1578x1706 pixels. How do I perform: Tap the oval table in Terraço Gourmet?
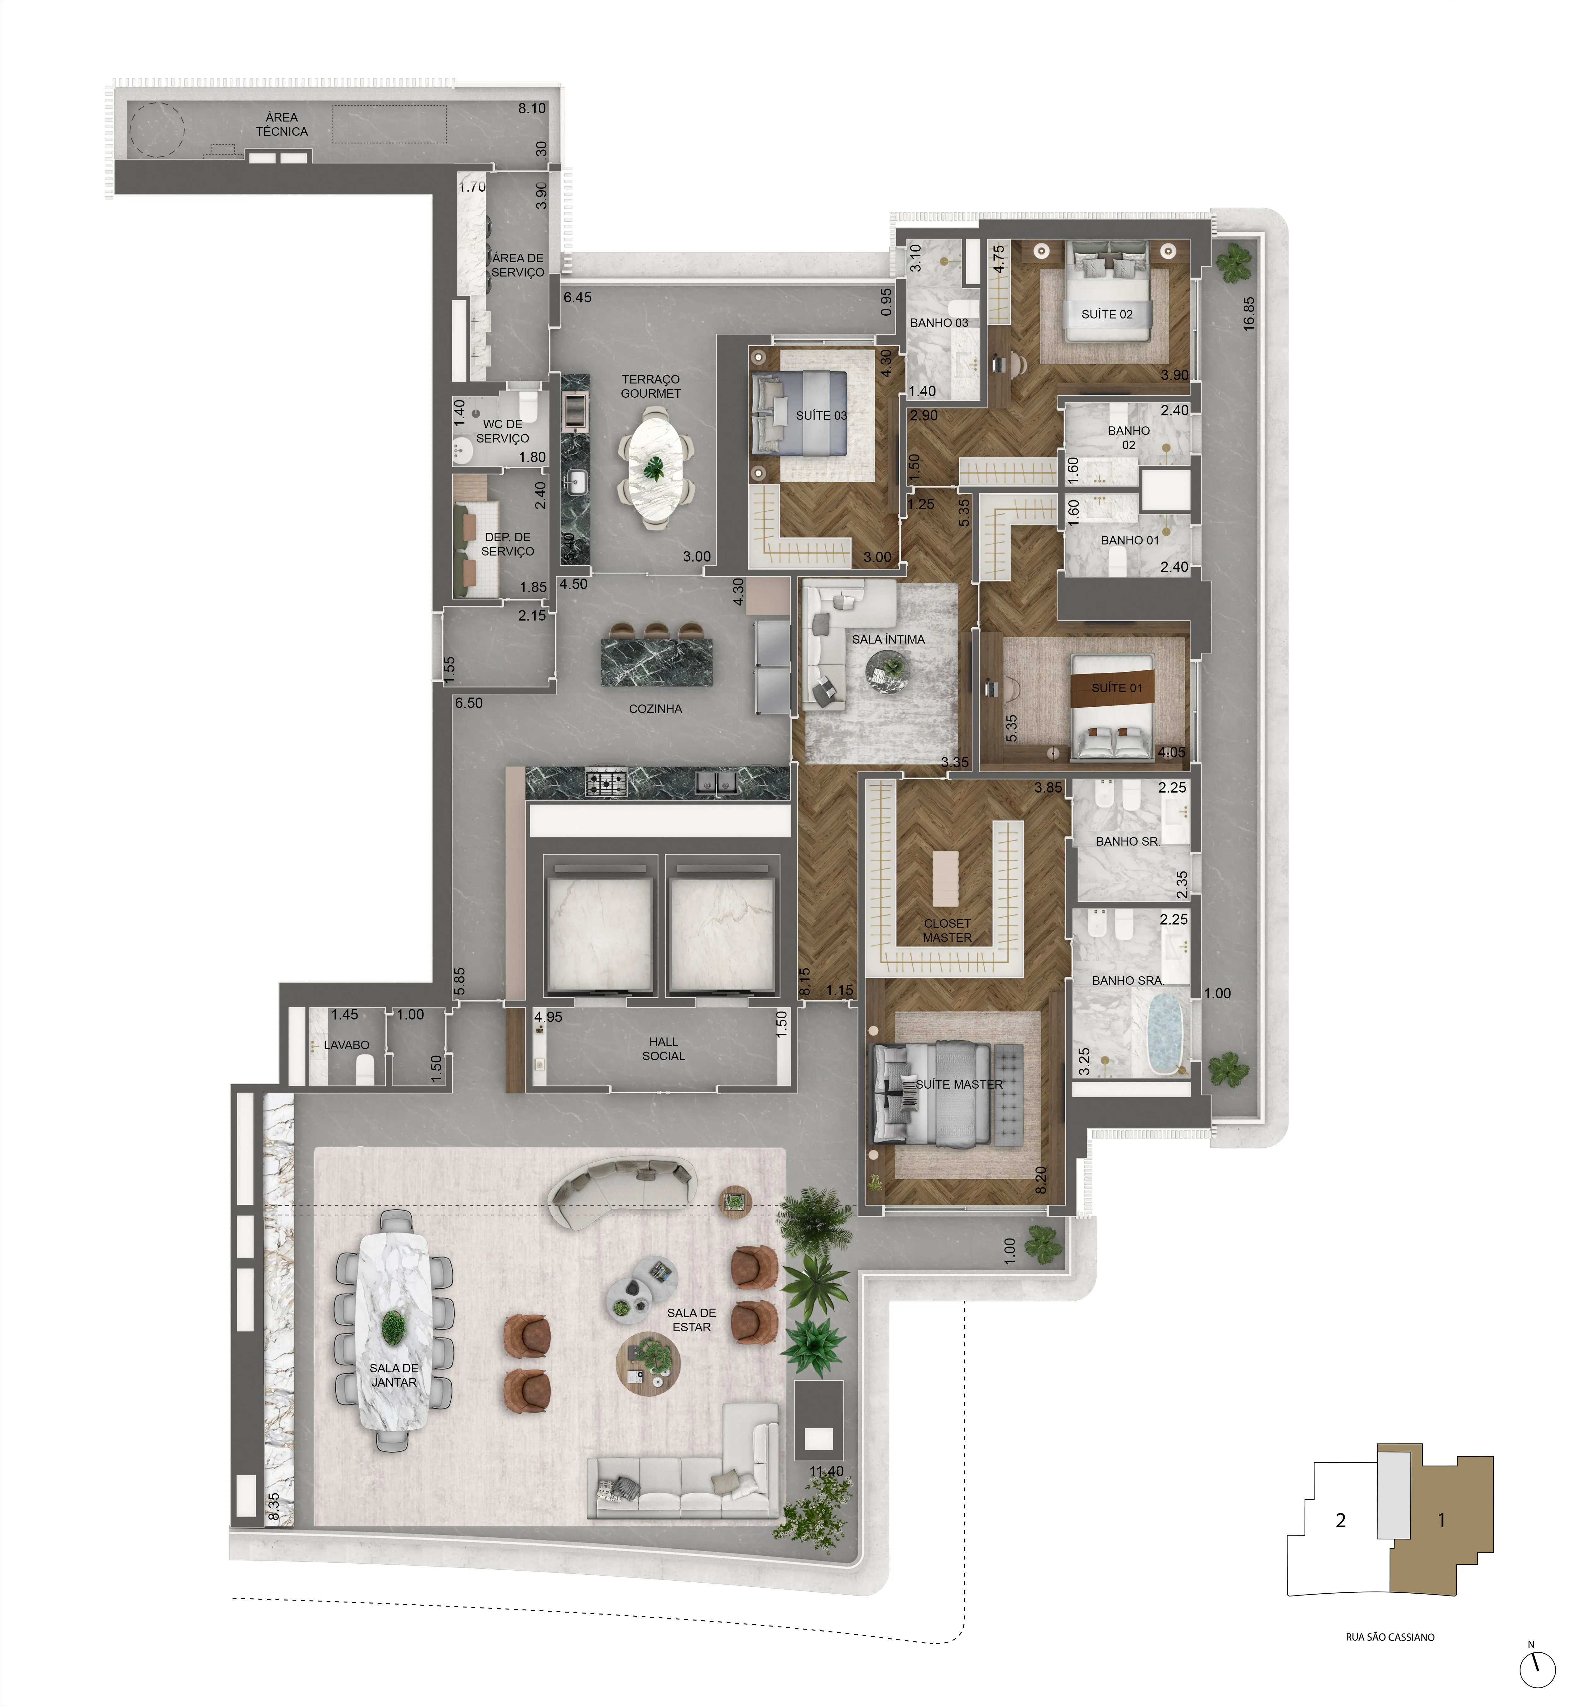[x=656, y=468]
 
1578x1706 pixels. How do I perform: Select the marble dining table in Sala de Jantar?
[x=394, y=1330]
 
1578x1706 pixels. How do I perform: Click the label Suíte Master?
[x=959, y=1085]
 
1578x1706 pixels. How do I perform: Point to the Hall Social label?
[x=663, y=1049]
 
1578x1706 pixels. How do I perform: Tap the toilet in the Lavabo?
[x=365, y=1067]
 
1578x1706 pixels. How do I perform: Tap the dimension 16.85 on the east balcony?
[x=1249, y=313]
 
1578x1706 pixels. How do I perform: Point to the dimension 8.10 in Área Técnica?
[x=532, y=109]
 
